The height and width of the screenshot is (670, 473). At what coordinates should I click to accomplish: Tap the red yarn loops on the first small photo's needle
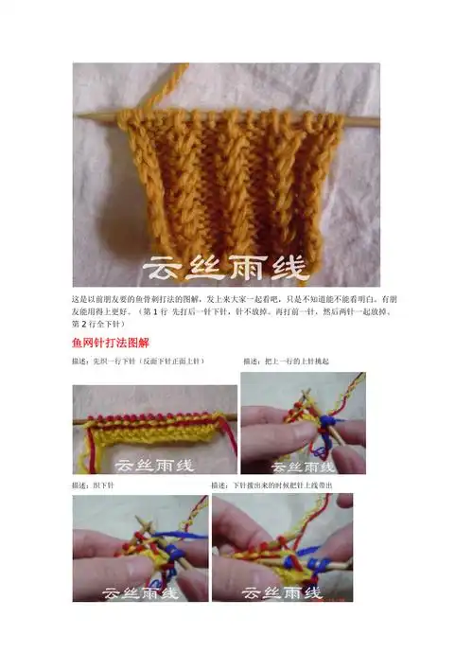coord(151,415)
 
